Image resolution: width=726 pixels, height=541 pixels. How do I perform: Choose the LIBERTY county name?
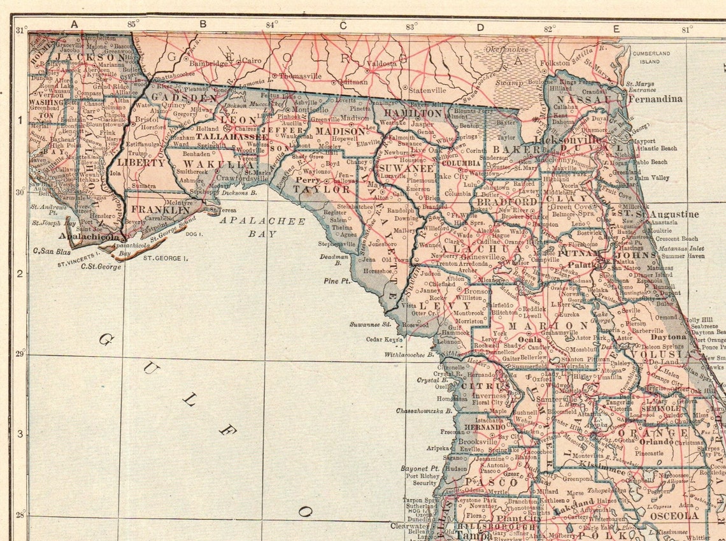click(x=141, y=163)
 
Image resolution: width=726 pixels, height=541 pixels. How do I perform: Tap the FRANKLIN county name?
click(x=160, y=209)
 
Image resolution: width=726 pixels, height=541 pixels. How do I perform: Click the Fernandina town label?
click(x=655, y=99)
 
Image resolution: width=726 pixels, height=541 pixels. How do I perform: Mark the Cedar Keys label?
click(x=380, y=339)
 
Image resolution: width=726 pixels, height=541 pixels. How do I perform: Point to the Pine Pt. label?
click(x=337, y=280)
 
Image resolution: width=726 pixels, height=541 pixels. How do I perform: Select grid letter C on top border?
click(x=342, y=25)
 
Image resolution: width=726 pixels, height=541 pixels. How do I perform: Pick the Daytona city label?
click(x=668, y=336)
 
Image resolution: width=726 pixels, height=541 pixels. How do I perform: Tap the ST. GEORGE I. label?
click(x=165, y=258)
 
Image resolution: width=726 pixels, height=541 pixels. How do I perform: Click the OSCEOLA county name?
click(x=674, y=516)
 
